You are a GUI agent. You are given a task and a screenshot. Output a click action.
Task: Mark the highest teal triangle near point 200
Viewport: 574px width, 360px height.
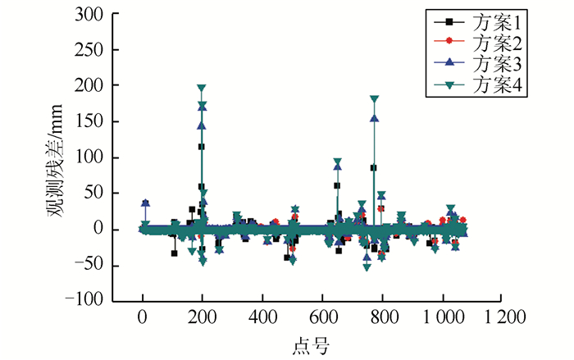[x=201, y=88]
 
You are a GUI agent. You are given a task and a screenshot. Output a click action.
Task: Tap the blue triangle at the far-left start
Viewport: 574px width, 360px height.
[x=145, y=203]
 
